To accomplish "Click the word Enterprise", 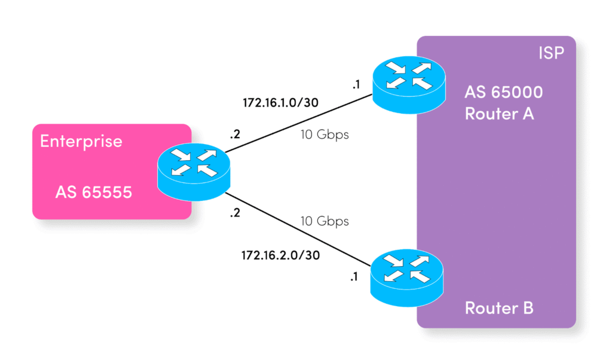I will tap(81, 142).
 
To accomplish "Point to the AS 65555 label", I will tap(93, 193).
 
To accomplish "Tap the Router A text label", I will tap(499, 114).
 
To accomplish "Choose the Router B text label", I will tap(499, 309).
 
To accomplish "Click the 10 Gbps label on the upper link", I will tap(324, 135).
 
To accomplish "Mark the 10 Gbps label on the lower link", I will tap(324, 221).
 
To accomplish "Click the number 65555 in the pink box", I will tap(106, 193).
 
